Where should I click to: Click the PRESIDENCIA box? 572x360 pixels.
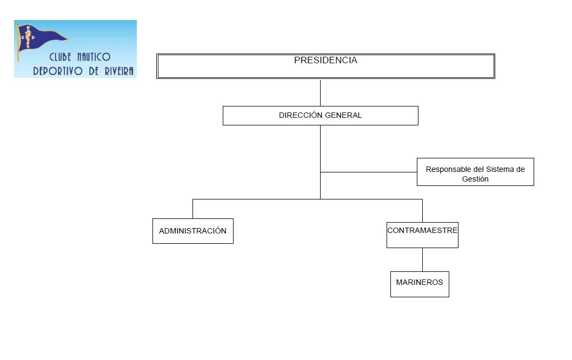click(325, 66)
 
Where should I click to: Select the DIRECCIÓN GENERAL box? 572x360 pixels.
click(320, 116)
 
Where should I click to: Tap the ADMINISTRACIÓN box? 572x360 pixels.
click(192, 231)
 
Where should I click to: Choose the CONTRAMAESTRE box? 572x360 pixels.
click(422, 235)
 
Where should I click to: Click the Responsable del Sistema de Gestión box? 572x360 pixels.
click(475, 172)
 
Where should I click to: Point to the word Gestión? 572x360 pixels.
click(475, 179)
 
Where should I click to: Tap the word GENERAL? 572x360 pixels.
click(343, 116)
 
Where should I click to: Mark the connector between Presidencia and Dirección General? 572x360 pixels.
click(320, 93)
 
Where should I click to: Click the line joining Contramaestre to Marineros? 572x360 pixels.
click(422, 259)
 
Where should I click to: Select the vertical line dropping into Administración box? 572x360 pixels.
click(192, 209)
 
